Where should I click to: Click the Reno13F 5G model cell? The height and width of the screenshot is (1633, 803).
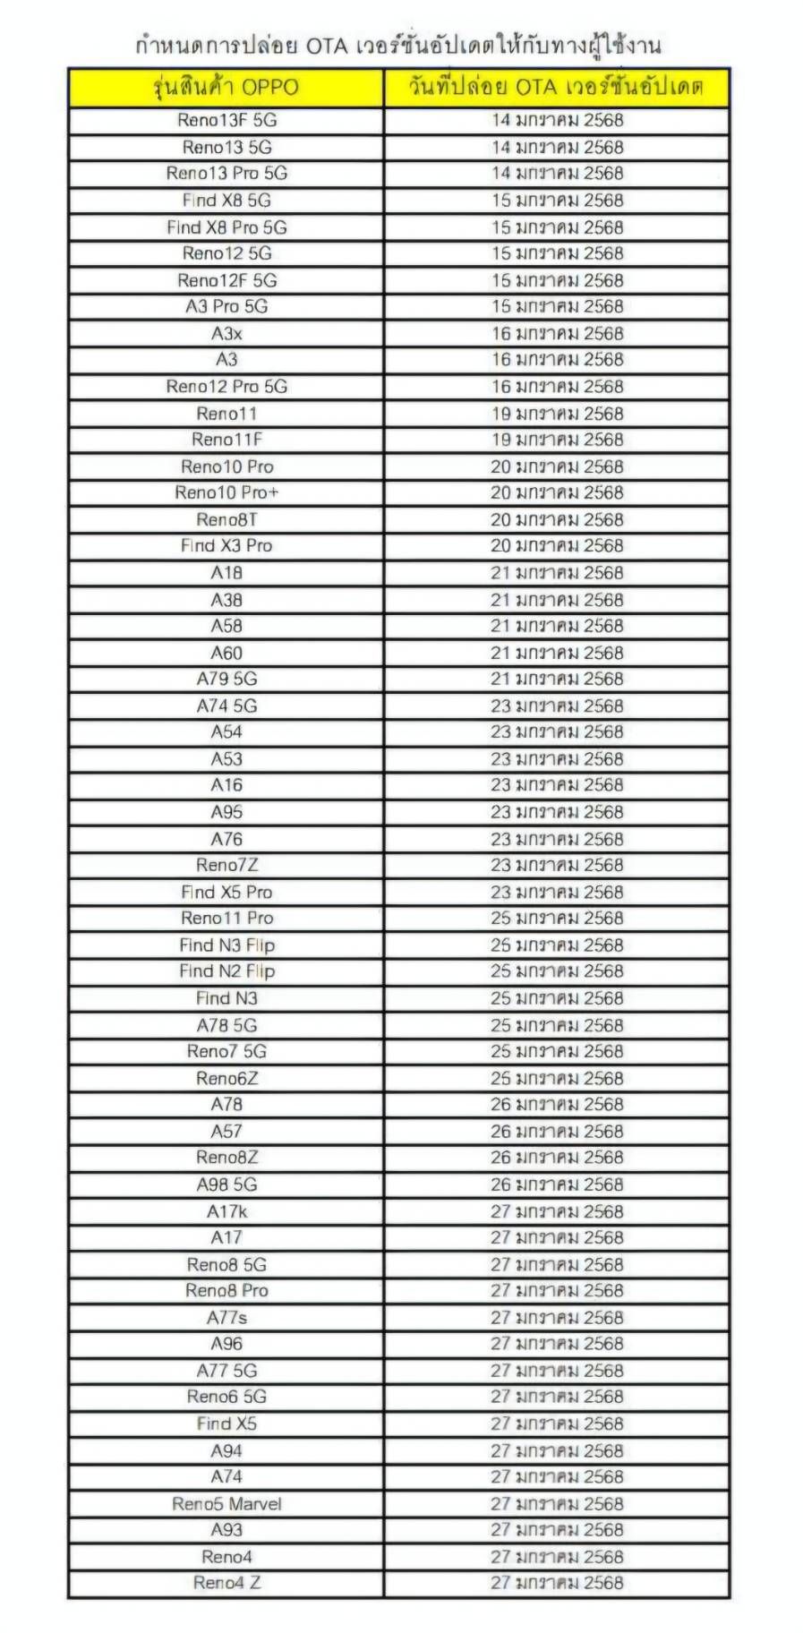tap(226, 120)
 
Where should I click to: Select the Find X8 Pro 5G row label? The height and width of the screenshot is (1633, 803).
tap(226, 227)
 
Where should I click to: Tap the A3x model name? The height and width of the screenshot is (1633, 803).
tap(226, 334)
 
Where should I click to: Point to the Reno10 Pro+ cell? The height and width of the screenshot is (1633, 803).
tap(226, 492)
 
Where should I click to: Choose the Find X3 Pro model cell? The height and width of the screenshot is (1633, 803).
tap(226, 545)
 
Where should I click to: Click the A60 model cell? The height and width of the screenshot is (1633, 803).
tap(226, 653)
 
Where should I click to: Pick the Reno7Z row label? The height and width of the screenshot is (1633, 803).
tap(226, 865)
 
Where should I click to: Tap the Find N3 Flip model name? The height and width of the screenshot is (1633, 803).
tap(226, 945)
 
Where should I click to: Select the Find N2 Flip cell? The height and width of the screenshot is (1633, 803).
tap(226, 970)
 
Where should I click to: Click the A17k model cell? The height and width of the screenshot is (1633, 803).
tap(226, 1211)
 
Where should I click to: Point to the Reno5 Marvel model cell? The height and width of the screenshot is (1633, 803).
tap(226, 1503)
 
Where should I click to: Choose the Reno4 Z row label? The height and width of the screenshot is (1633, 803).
tap(226, 1582)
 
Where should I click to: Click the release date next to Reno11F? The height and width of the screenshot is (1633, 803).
tap(557, 440)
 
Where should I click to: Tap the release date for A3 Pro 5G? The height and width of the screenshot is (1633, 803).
tap(557, 306)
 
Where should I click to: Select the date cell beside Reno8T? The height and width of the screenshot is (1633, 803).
tap(557, 519)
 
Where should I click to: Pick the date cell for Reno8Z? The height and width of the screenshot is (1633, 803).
tap(557, 1157)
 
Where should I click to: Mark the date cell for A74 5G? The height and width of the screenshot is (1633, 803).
tap(557, 705)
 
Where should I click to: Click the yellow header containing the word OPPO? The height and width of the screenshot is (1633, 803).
tap(226, 88)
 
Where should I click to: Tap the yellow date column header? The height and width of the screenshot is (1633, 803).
tap(557, 88)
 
